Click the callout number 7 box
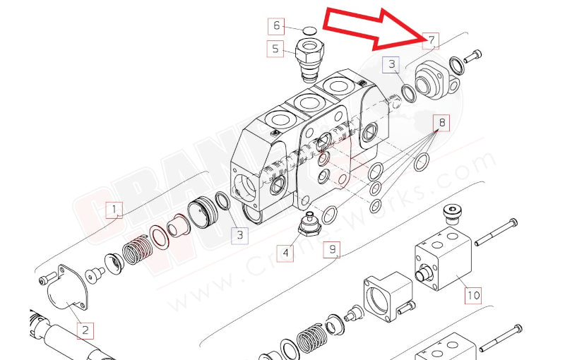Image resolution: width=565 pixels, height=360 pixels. [x=429, y=40]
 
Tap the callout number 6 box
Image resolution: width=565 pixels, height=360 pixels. [x=277, y=26]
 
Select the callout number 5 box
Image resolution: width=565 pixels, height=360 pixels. [x=276, y=49]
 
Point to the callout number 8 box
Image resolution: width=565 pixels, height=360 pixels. [x=442, y=122]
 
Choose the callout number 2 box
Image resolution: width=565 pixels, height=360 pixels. [x=85, y=330]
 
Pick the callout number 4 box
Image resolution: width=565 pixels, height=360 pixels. [x=285, y=253]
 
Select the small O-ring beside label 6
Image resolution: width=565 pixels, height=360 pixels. [x=309, y=30]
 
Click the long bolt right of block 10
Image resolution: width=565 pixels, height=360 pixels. [x=499, y=234]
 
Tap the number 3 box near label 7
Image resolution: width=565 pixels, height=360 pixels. [x=391, y=66]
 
